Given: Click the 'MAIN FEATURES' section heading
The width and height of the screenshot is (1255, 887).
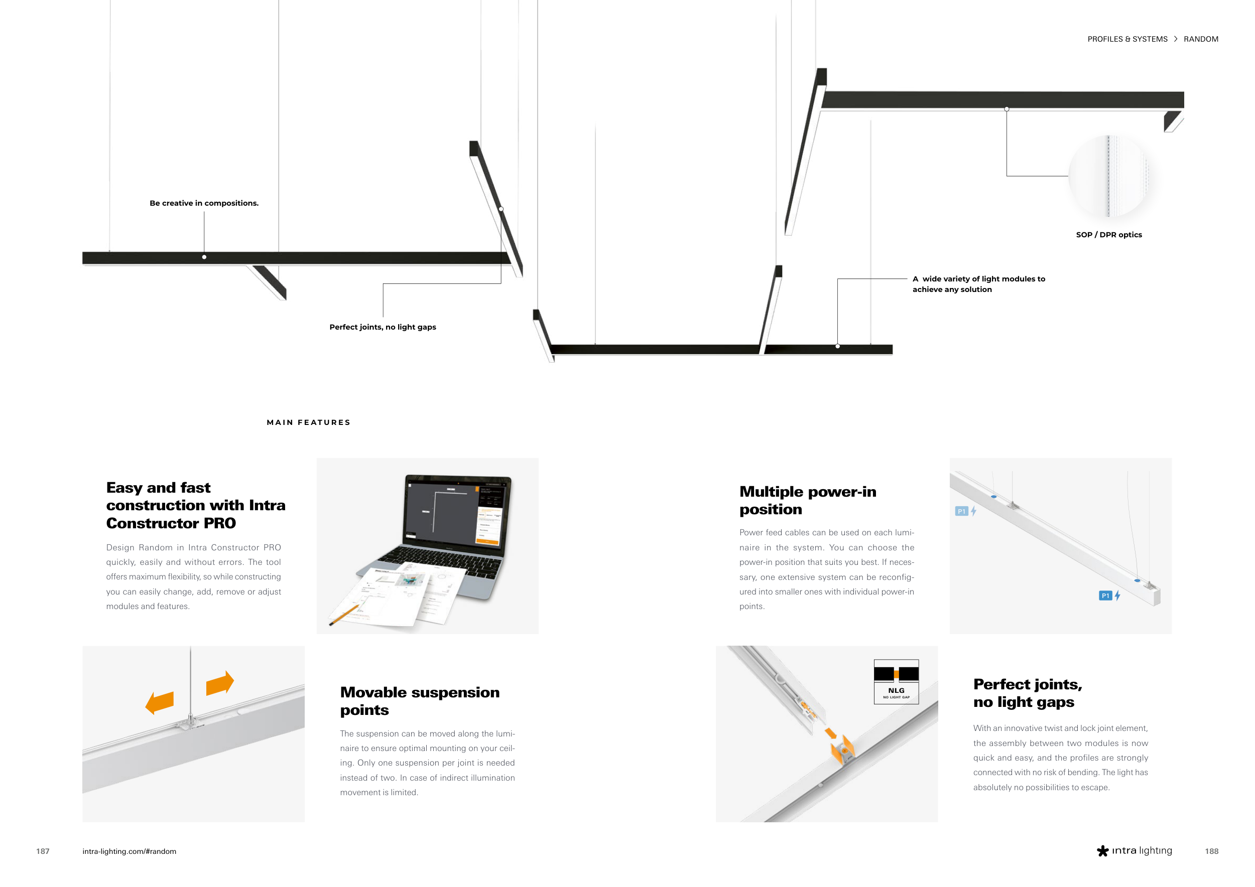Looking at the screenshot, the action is pos(308,422).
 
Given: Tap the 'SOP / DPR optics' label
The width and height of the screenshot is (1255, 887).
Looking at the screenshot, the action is pos(1108,235).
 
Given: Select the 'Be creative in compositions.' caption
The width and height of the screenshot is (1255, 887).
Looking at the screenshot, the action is pos(204,203).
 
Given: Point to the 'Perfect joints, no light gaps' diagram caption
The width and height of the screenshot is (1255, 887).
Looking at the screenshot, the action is pos(383,327).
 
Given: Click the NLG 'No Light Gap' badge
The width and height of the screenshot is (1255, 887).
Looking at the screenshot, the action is pos(896,681).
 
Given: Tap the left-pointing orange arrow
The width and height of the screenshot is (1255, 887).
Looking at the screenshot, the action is pos(159,702).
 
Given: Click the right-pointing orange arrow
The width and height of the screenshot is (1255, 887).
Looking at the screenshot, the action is pos(220,683).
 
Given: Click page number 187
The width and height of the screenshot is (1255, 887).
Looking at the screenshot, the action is pos(43,851).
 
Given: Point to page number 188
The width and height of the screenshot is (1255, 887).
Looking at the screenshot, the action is pos(1212,851).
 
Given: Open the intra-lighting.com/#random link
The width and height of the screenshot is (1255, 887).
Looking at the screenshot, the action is pos(129,851).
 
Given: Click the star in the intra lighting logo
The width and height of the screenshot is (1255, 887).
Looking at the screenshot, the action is pos(1102,851).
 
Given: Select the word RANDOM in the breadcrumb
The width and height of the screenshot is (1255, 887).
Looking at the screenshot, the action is pos(1201,39).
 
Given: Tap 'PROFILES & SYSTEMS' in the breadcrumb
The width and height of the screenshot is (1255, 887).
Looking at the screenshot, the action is pos(1127,39).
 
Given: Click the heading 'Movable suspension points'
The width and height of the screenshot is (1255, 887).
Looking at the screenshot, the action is pos(420,701).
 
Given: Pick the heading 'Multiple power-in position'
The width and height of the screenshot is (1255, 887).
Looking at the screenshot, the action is pos(808,500).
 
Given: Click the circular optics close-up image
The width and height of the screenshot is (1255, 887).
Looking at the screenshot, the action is pos(1108,176).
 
